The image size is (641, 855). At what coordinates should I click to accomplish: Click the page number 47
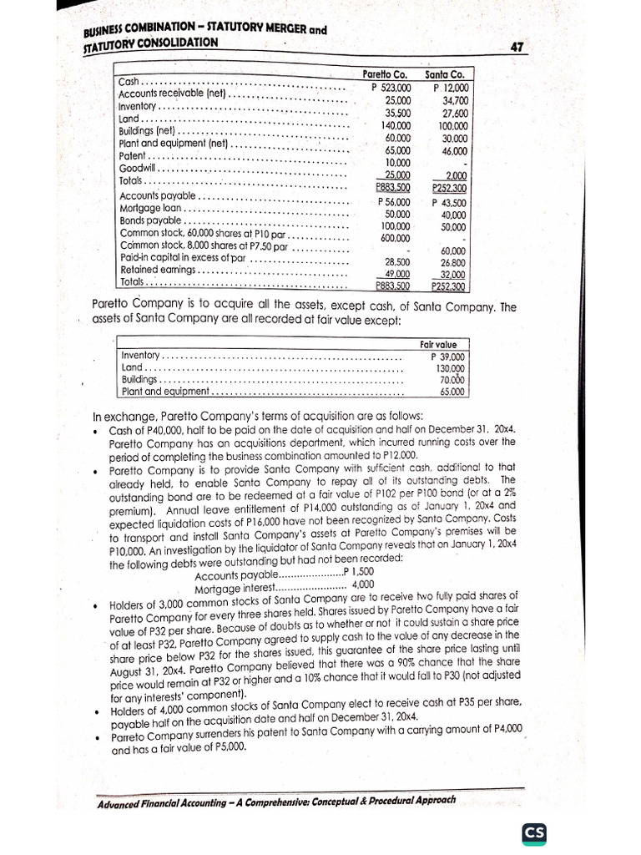[x=515, y=48]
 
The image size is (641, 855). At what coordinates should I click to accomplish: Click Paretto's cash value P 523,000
[x=391, y=87]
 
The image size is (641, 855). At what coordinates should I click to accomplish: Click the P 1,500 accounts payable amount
[x=358, y=573]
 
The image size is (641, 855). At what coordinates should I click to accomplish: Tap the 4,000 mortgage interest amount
[x=363, y=584]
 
